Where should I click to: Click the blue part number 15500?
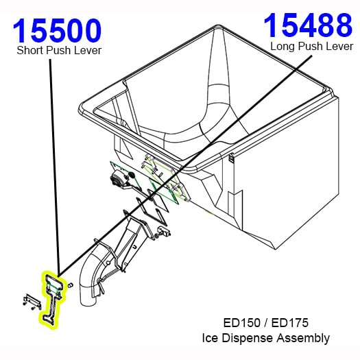tap(57, 30)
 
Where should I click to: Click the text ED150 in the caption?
tap(242, 322)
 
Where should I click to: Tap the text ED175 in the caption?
tap(290, 322)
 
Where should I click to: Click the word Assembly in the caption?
tap(303, 338)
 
